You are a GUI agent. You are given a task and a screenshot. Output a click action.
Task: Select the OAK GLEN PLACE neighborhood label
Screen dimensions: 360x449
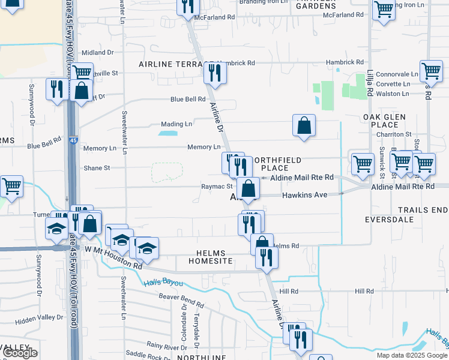click(385, 121)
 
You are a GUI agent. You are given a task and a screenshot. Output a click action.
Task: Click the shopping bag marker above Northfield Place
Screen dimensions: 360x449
click(304, 126)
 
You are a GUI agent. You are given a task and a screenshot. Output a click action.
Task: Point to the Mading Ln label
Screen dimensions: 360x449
click(176, 124)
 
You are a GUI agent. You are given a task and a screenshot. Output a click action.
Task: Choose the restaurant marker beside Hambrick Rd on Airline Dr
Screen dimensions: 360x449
click(213, 73)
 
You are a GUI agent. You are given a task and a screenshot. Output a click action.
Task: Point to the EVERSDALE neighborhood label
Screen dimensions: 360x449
click(390, 220)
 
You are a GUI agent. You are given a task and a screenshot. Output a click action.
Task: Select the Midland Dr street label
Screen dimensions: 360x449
click(98, 53)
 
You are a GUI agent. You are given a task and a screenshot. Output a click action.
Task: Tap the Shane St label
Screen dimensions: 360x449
click(97, 168)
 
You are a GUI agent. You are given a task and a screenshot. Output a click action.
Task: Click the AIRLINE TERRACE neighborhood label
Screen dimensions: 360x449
click(176, 64)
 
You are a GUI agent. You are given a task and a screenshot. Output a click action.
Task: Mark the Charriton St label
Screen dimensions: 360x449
click(394, 134)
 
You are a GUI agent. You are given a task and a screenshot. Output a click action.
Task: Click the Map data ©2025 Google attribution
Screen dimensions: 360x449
click(412, 355)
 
